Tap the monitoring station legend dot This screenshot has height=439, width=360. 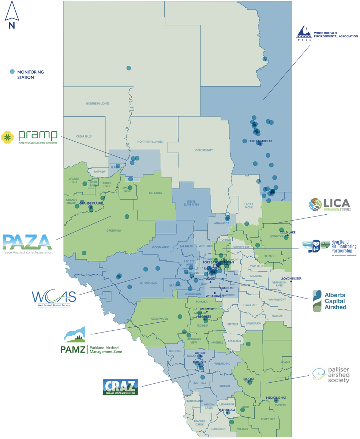pyautogui.click(x=12, y=72)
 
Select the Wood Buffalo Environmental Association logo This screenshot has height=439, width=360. pyautogui.click(x=326, y=34)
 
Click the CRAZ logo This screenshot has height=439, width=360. pyautogui.click(x=121, y=387)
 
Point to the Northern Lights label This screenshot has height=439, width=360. pyautogui.click(x=98, y=104)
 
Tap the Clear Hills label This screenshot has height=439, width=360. pyautogui.click(x=84, y=136)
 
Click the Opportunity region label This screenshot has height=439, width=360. pyautogui.click(x=204, y=150)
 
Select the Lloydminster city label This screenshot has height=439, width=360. pyautogui.click(x=291, y=279)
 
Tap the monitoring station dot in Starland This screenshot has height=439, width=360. pyautogui.click(x=248, y=344)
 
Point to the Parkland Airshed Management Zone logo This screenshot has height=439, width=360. pyautogui.click(x=91, y=341)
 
